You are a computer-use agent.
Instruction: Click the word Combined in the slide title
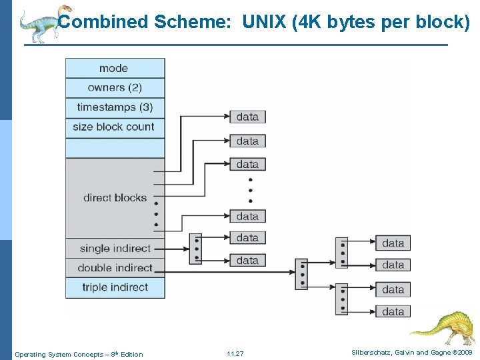tap(103, 22)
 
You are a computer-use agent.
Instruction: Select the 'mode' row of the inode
tap(115, 68)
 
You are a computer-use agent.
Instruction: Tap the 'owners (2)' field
tap(115, 88)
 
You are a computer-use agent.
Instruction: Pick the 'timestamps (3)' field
tap(115, 107)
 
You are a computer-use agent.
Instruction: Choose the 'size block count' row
tap(115, 127)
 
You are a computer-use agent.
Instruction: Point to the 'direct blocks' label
tap(115, 197)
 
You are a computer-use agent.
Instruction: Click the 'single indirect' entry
tap(115, 249)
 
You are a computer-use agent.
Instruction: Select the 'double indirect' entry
tap(115, 268)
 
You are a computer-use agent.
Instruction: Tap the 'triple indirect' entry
tap(115, 288)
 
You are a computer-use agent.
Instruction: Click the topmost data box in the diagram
tap(247, 117)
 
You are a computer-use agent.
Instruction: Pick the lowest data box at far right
tap(393, 311)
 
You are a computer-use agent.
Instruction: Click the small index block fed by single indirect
tap(195, 249)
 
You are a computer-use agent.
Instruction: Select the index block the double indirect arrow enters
tap(301, 273)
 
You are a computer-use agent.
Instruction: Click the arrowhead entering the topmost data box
tap(226, 117)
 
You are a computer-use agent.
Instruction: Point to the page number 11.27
tap(235, 353)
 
